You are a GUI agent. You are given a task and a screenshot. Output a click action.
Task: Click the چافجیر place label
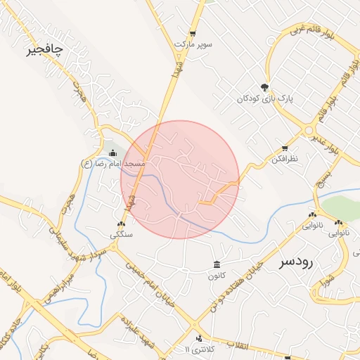pos(44,50)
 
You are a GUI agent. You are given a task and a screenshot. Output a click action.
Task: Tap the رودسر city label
pos(295,262)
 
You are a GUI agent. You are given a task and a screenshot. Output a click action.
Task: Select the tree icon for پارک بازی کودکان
pos(264,87)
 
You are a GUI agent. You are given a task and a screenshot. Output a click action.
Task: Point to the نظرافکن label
pos(284,159)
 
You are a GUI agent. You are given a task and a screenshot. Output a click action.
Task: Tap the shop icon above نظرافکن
pos(284,148)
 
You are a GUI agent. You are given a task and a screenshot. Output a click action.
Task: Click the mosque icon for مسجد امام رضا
pos(113,153)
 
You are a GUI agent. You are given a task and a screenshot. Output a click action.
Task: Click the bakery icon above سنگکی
pos(121,224)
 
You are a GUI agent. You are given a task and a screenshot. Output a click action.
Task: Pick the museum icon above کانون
pos(216,264)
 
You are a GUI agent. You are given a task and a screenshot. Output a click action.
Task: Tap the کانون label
pos(216,275)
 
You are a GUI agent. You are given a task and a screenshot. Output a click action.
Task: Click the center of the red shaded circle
pos(180,179)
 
